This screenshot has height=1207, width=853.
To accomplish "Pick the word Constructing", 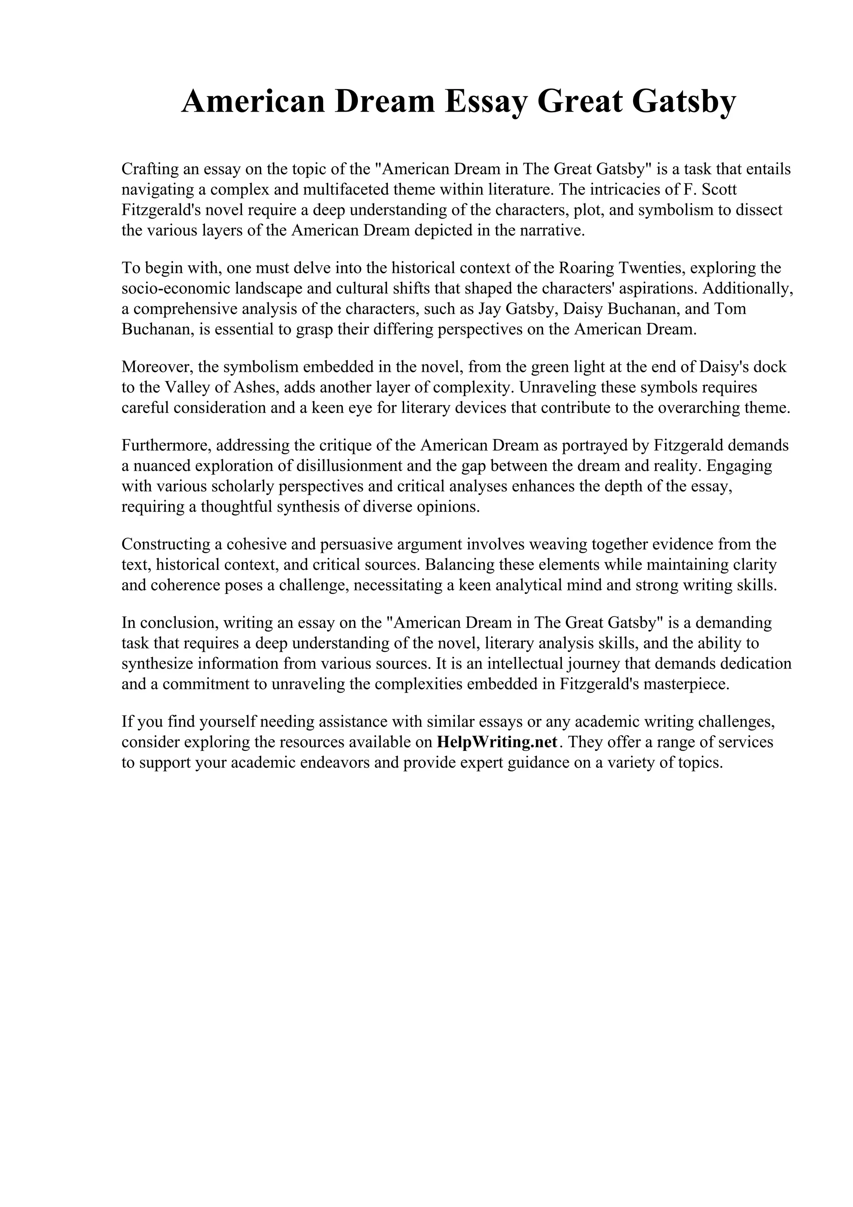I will pos(165,544).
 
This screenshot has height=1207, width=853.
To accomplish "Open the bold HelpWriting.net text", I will pos(496,742).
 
